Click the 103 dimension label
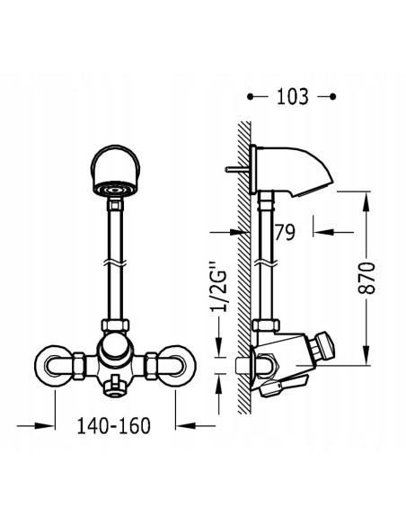click(292, 96)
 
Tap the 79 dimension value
click(285, 232)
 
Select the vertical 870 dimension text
click(366, 278)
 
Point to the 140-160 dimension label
click(114, 426)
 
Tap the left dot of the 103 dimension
click(250, 97)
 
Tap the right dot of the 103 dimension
click(332, 97)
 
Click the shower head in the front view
click(115, 171)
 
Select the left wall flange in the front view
click(54, 366)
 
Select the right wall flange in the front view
click(176, 366)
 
